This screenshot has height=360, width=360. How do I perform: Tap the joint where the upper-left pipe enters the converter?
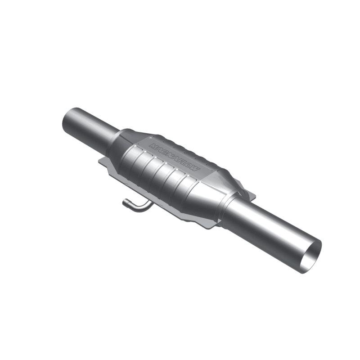point(112,140)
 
